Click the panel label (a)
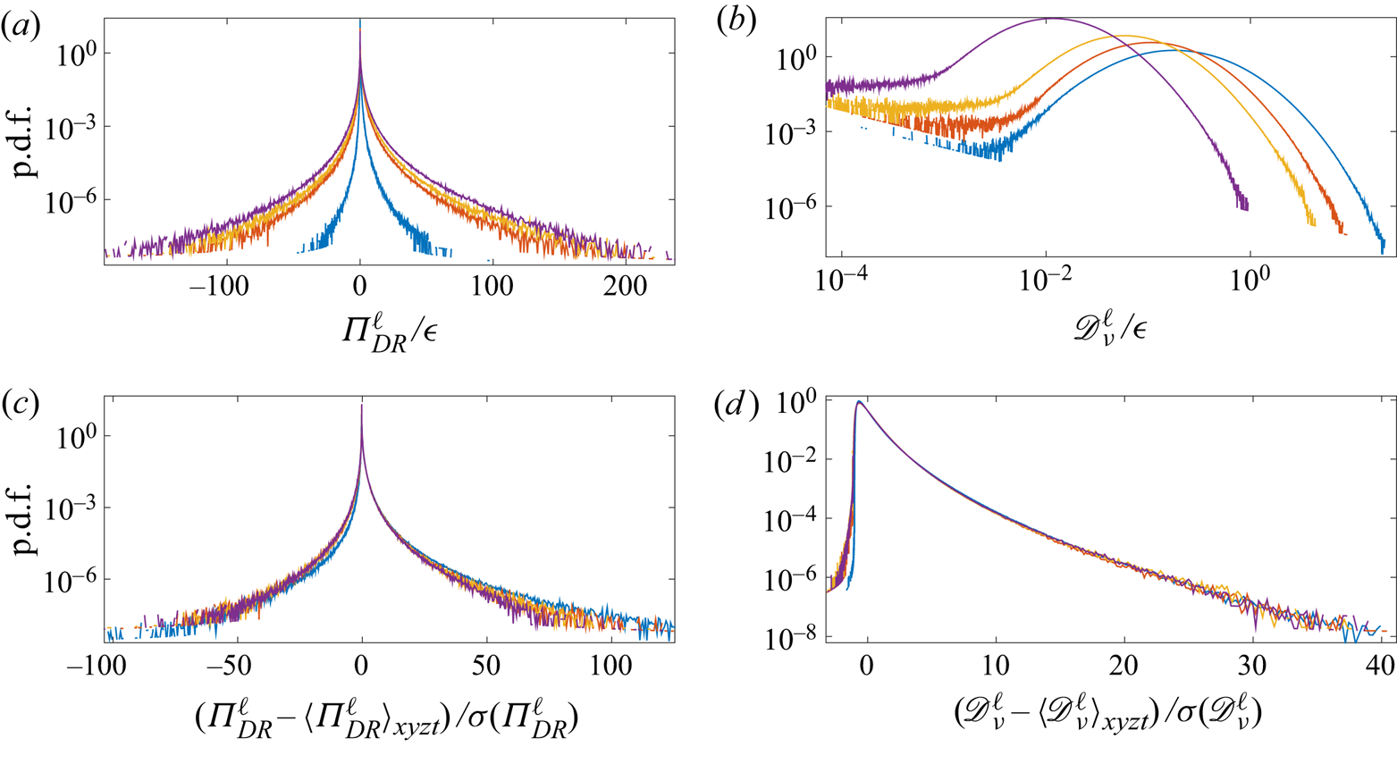coord(20,27)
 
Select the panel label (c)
coord(20,404)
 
